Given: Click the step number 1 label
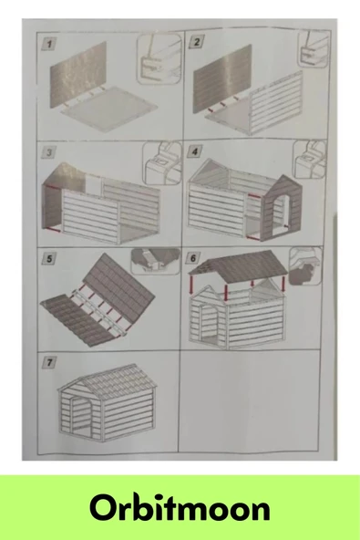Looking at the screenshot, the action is [49, 45].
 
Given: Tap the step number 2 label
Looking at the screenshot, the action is [197, 42].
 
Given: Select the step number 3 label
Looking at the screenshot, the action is [49, 152].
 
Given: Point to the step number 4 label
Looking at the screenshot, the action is [195, 151].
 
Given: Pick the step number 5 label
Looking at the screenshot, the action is [49, 259].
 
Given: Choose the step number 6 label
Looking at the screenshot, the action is [193, 258].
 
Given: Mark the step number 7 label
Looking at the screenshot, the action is [49, 363].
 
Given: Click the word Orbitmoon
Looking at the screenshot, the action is [180, 508].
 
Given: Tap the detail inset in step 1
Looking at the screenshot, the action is [159, 59].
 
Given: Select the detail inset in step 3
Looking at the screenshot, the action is [162, 163].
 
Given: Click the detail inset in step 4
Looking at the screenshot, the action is [309, 160].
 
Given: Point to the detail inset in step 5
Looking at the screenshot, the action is [155, 261].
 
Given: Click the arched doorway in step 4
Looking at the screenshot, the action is [283, 213].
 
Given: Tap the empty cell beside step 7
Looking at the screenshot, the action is [250, 401].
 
